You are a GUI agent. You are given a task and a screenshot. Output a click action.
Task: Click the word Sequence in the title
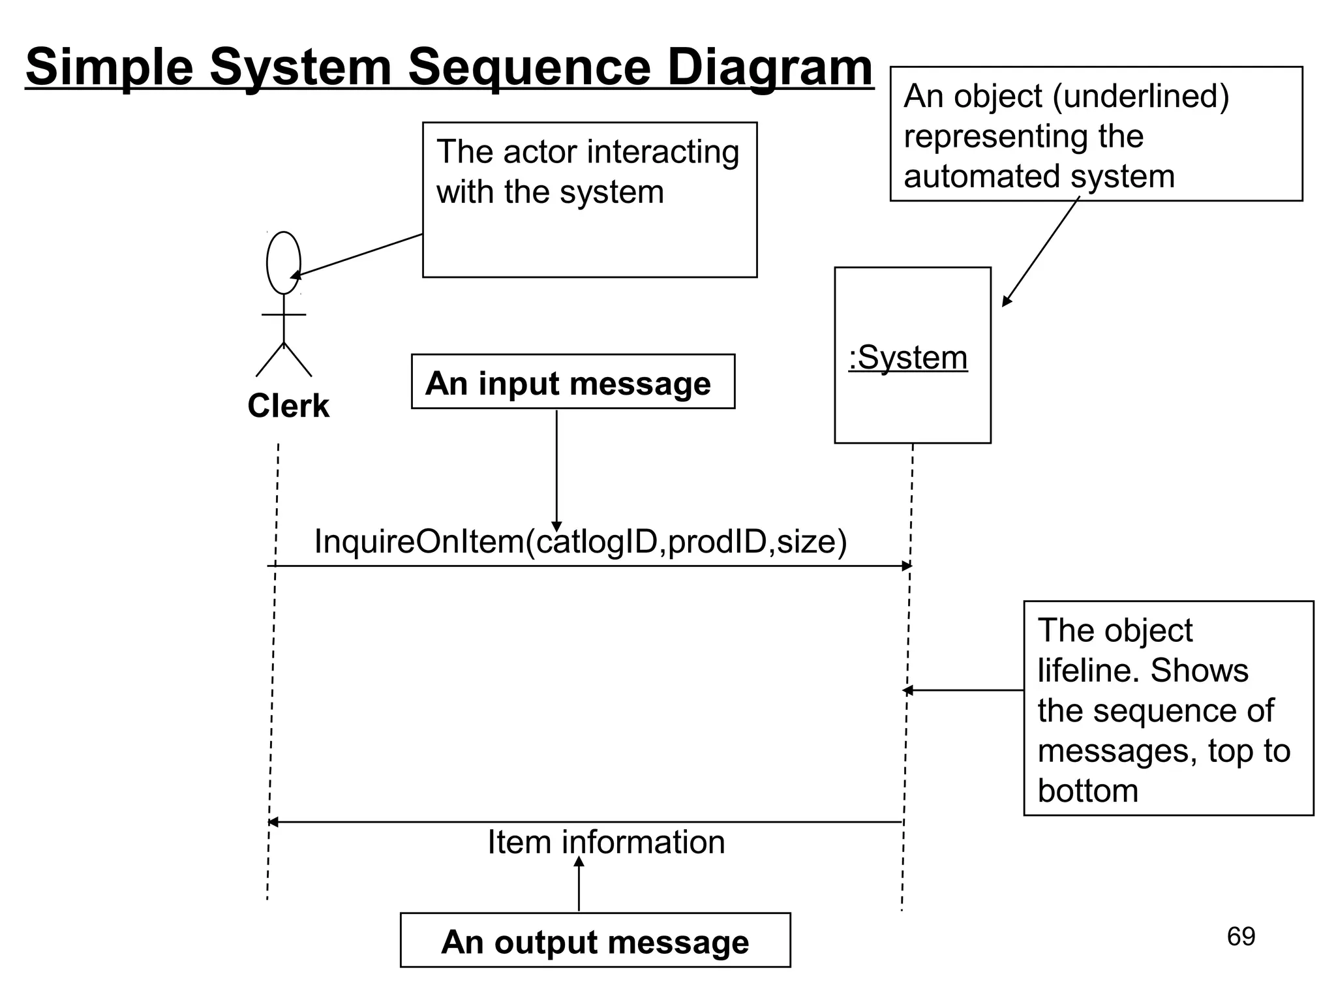pyautogui.click(x=529, y=67)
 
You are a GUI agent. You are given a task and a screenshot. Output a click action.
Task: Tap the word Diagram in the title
pyautogui.click(x=770, y=67)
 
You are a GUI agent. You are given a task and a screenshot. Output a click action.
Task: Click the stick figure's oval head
pyautogui.click(x=284, y=262)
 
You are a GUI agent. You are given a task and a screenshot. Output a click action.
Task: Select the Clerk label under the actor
pyautogui.click(x=288, y=406)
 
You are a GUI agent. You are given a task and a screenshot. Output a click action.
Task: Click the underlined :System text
pyautogui.click(x=908, y=357)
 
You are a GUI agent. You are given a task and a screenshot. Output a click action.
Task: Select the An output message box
pyautogui.click(x=595, y=941)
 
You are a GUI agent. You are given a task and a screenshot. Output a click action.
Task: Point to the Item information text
pyautogui.click(x=606, y=842)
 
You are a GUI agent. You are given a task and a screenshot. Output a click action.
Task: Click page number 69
pyautogui.click(x=1241, y=937)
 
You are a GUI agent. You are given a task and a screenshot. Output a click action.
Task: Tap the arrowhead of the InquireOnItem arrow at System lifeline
pyautogui.click(x=907, y=566)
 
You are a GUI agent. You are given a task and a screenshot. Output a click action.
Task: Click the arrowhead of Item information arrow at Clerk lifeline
pyautogui.click(x=273, y=822)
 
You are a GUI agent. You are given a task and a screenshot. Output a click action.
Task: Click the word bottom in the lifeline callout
pyautogui.click(x=1087, y=791)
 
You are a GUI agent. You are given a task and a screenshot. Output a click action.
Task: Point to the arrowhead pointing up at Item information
pyautogui.click(x=579, y=862)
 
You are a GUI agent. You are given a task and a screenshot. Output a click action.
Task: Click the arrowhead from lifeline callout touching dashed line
pyautogui.click(x=907, y=690)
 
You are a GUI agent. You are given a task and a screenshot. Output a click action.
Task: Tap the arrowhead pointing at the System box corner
pyautogui.click(x=1007, y=301)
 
